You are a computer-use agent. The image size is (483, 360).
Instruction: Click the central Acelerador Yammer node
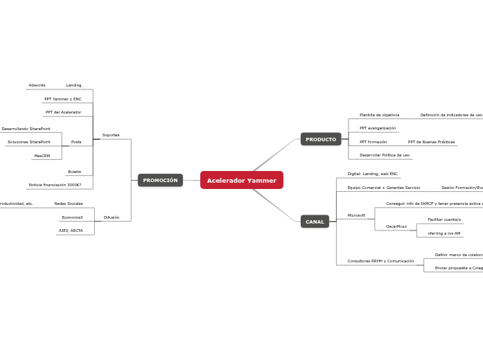click(241, 181)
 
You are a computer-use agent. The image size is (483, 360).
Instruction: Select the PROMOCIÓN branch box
click(160, 181)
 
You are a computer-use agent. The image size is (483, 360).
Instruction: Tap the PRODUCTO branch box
click(321, 140)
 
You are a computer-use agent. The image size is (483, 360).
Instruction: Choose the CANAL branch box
click(315, 222)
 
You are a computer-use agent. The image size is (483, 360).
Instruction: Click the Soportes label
click(111, 135)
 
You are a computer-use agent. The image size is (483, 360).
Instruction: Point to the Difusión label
click(112, 217)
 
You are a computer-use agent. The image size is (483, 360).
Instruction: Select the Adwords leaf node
click(37, 85)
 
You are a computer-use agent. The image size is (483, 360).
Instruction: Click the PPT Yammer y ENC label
click(63, 99)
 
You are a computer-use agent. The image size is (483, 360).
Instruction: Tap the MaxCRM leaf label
click(42, 156)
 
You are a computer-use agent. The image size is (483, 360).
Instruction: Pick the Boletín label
click(74, 172)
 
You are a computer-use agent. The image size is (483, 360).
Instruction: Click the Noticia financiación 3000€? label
click(55, 185)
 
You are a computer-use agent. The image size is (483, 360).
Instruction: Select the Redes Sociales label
click(69, 204)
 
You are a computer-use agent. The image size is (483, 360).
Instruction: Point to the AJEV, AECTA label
click(71, 231)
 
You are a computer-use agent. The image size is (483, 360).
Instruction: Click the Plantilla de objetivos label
click(379, 115)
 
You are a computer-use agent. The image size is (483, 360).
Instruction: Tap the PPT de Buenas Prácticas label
click(431, 142)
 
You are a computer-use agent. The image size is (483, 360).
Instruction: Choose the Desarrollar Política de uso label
click(385, 155)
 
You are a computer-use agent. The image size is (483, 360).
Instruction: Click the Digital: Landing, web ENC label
click(373, 174)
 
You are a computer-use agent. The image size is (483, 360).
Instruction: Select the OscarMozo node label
click(396, 226)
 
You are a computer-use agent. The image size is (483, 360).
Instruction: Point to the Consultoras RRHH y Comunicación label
click(380, 261)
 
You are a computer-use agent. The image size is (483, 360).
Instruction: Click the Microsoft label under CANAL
click(356, 215)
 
